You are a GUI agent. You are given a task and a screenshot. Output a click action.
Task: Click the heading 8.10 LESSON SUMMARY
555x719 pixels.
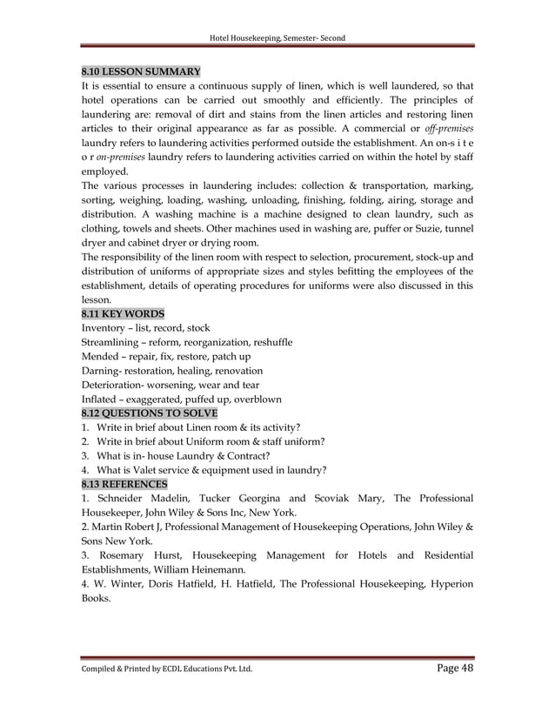point(141,71)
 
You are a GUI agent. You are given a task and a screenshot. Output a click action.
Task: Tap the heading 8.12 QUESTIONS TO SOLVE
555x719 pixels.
point(149,413)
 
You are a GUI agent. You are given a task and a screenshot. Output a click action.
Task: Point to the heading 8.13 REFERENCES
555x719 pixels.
point(124,483)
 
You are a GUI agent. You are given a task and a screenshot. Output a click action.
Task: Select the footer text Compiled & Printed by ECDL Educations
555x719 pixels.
point(166,670)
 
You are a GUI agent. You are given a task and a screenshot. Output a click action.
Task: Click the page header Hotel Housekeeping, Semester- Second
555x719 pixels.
point(277,38)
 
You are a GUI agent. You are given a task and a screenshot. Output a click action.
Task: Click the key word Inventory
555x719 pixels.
point(104,328)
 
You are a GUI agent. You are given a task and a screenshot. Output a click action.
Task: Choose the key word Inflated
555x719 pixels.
point(101,399)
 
